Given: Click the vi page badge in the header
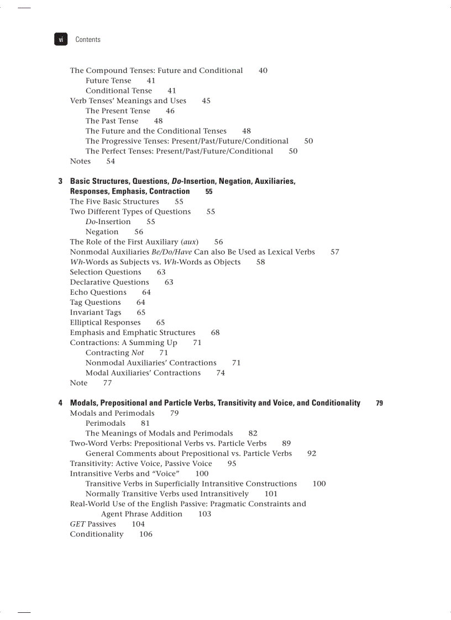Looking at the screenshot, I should coord(61,39).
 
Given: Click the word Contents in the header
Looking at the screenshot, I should coord(88,40).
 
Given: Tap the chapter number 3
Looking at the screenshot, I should coord(60,181).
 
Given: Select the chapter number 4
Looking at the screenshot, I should coord(60,403).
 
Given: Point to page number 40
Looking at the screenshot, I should coord(263,71).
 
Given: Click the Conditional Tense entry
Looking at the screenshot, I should coord(118,91).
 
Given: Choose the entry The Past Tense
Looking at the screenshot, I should coord(112,121).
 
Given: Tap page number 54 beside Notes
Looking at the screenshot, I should coord(111,161).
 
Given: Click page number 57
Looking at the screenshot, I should coord(335,252).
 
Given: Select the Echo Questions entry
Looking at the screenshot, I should coord(98,292).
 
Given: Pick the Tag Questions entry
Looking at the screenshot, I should coord(95,302).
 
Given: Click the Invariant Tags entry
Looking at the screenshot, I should coord(95,312).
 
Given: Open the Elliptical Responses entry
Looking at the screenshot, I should coord(105,322).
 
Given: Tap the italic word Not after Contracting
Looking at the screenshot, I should coord(138,353).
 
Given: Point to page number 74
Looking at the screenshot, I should coord(221,373).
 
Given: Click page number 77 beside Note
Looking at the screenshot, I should coord(107,383).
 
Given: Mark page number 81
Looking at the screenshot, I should coord(145,423).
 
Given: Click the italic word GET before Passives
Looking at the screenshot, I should coord(77,524).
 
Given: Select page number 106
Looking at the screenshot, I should coord(146,534).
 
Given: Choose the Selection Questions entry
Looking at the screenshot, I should coord(106,272).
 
